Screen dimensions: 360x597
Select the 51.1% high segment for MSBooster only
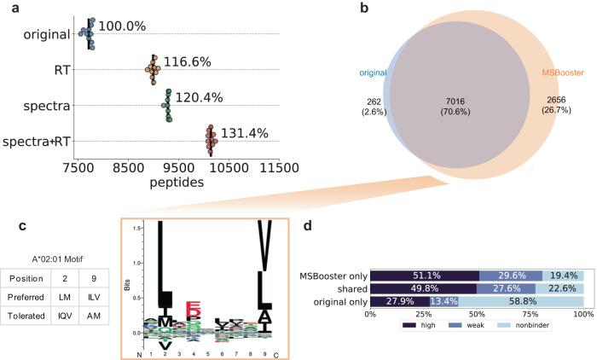coord(425,275)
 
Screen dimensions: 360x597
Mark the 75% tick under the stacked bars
coord(531,313)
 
